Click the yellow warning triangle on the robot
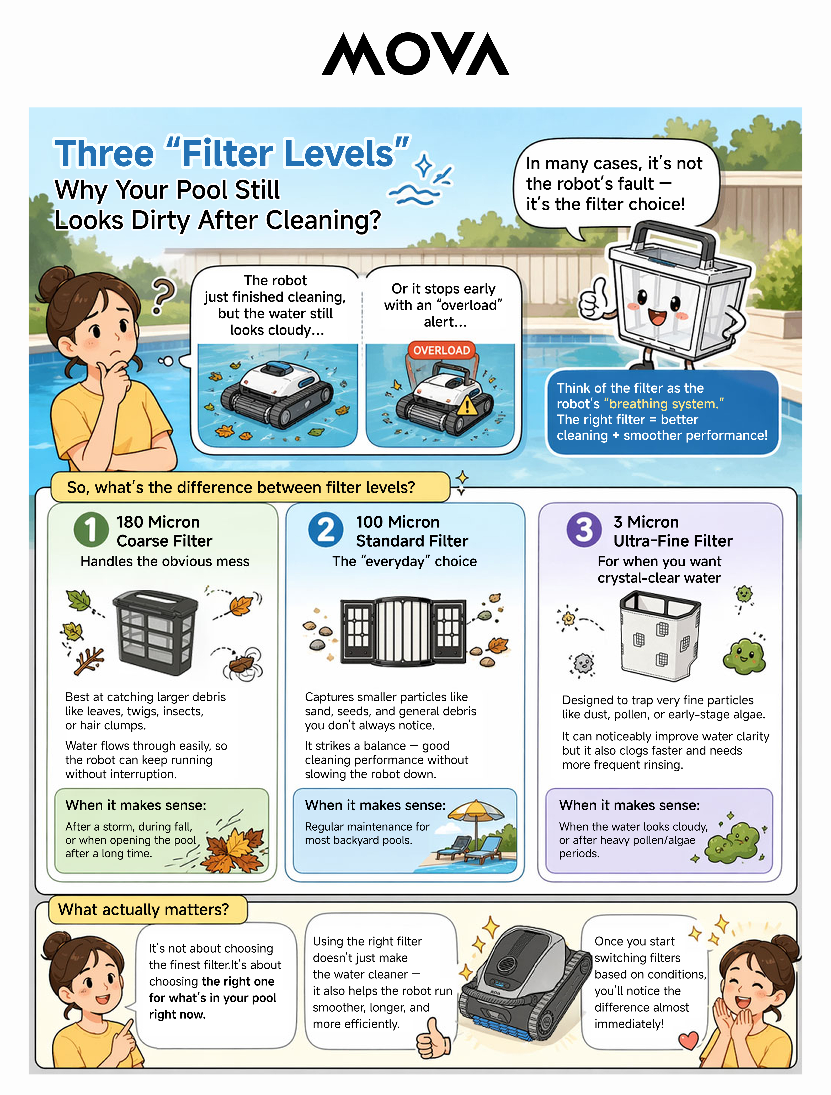pyautogui.click(x=467, y=407)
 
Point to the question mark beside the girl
pyautogui.click(x=163, y=296)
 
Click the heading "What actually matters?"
pyautogui.click(x=144, y=909)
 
